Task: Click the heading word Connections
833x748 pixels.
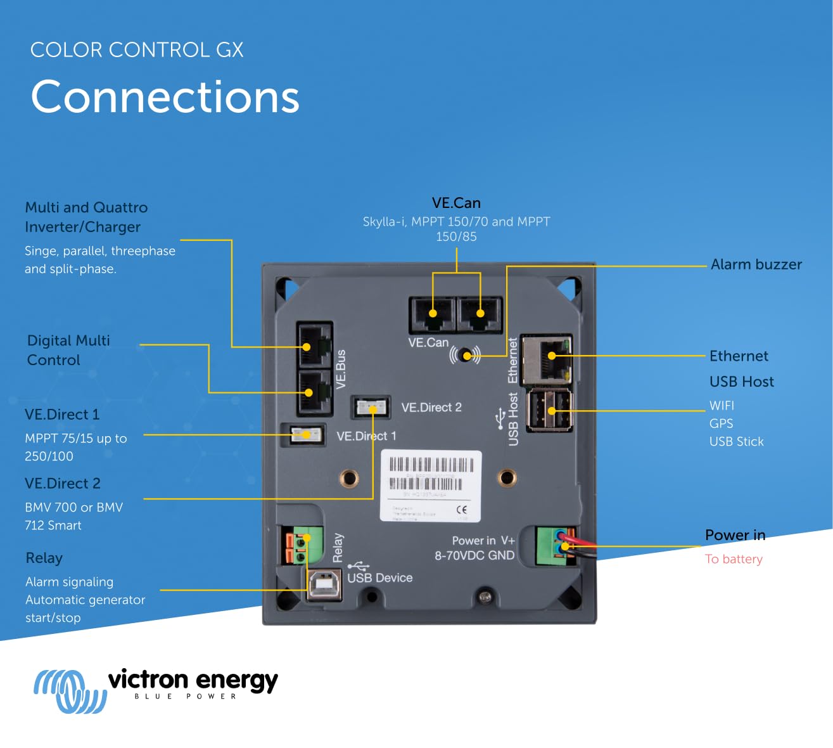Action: click(165, 97)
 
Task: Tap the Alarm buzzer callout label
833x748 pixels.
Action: click(756, 264)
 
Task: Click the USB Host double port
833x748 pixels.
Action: click(550, 410)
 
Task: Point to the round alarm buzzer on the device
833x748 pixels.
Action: click(466, 355)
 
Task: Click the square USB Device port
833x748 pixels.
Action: click(324, 584)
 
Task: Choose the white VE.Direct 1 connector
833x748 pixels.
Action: click(306, 435)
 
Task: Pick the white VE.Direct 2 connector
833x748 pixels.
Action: click(371, 408)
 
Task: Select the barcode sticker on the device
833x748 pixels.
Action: click(431, 486)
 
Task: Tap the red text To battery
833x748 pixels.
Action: click(734, 559)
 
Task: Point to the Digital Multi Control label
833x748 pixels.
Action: click(68, 350)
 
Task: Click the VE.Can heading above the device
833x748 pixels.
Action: click(456, 203)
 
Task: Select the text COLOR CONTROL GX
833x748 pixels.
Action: click(137, 50)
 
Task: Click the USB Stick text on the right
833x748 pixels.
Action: click(736, 441)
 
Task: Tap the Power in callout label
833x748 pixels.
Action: click(735, 535)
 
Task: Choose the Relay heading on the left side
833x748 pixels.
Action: click(44, 558)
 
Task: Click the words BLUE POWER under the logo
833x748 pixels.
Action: click(185, 696)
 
